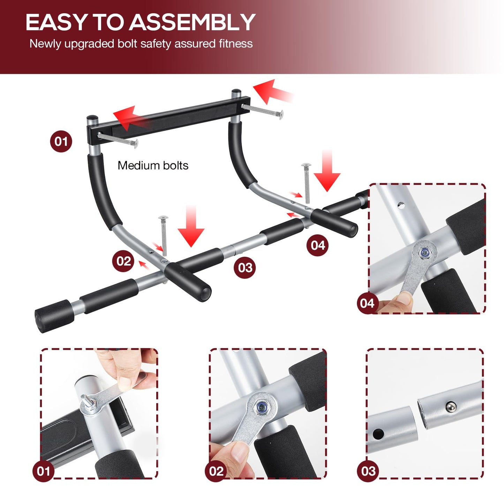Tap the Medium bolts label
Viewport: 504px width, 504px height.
pos(153,165)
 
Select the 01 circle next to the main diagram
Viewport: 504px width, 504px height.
pos(61,141)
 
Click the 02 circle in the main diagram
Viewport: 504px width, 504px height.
pos(123,261)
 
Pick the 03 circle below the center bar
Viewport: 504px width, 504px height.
pos(245,268)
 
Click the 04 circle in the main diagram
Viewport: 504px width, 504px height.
pos(318,245)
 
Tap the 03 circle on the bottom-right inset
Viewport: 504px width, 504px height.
pos(368,471)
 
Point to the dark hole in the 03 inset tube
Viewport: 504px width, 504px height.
pos(378,434)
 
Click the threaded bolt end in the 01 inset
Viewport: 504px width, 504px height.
pos(85,399)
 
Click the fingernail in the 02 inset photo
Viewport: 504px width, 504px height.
pos(240,452)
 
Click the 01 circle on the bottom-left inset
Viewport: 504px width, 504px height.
pos(44,471)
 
